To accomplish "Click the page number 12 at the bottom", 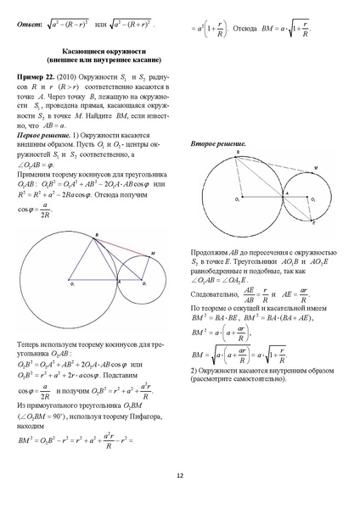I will coord(180,476).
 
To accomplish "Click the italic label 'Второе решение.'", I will coord(218,144).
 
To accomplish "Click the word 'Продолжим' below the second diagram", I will coord(208,254).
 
